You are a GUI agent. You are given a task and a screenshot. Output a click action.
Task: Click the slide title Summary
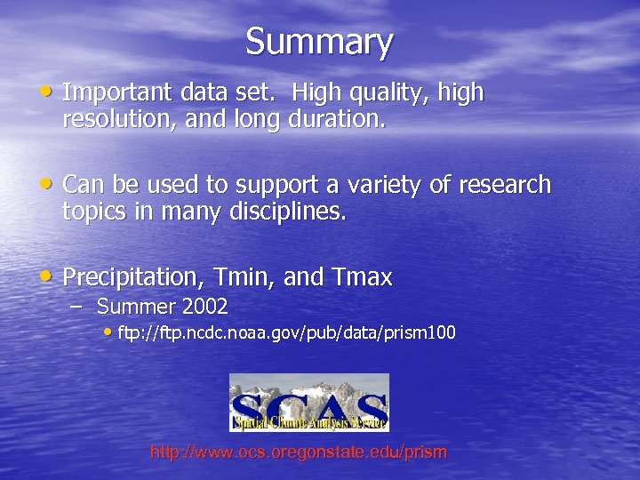pyautogui.click(x=319, y=42)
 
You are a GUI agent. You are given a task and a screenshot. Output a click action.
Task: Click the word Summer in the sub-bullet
pyautogui.click(x=135, y=308)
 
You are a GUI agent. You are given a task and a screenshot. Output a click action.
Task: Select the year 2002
pyautogui.click(x=204, y=308)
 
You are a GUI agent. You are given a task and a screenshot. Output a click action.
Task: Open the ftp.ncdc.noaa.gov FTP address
pyautogui.click(x=286, y=333)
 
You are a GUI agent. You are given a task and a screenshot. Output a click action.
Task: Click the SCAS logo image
pyautogui.click(x=308, y=402)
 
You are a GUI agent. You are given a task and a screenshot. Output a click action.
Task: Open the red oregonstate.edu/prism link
pyautogui.click(x=299, y=452)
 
